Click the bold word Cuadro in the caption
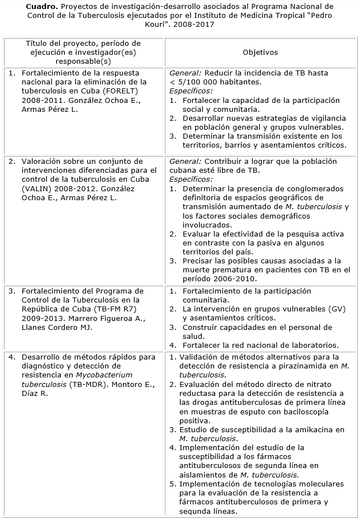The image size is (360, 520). pyautogui.click(x=40, y=6)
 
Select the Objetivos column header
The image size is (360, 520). pyautogui.click(x=260, y=52)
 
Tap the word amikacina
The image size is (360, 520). pyautogui.click(x=313, y=429)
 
